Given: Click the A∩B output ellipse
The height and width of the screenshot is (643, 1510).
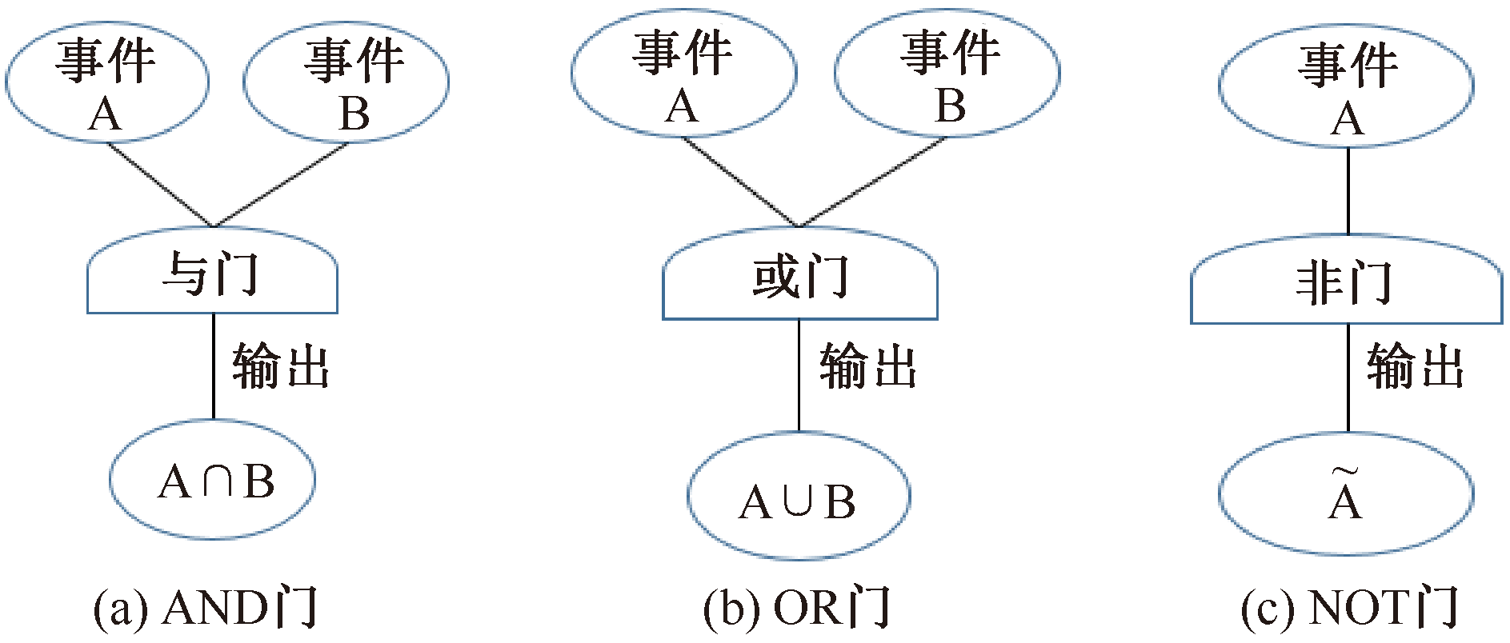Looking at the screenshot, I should [213, 480].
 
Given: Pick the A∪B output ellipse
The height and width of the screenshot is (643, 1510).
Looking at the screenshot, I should [798, 497].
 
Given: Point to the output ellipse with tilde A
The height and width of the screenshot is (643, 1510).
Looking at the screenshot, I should [1346, 494].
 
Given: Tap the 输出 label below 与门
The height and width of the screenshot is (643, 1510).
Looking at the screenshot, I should [281, 366].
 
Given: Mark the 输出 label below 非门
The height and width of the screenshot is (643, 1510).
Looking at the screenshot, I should [1416, 366].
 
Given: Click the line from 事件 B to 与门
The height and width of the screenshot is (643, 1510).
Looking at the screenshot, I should [280, 185].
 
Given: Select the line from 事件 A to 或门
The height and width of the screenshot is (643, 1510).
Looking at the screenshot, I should [740, 182].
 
